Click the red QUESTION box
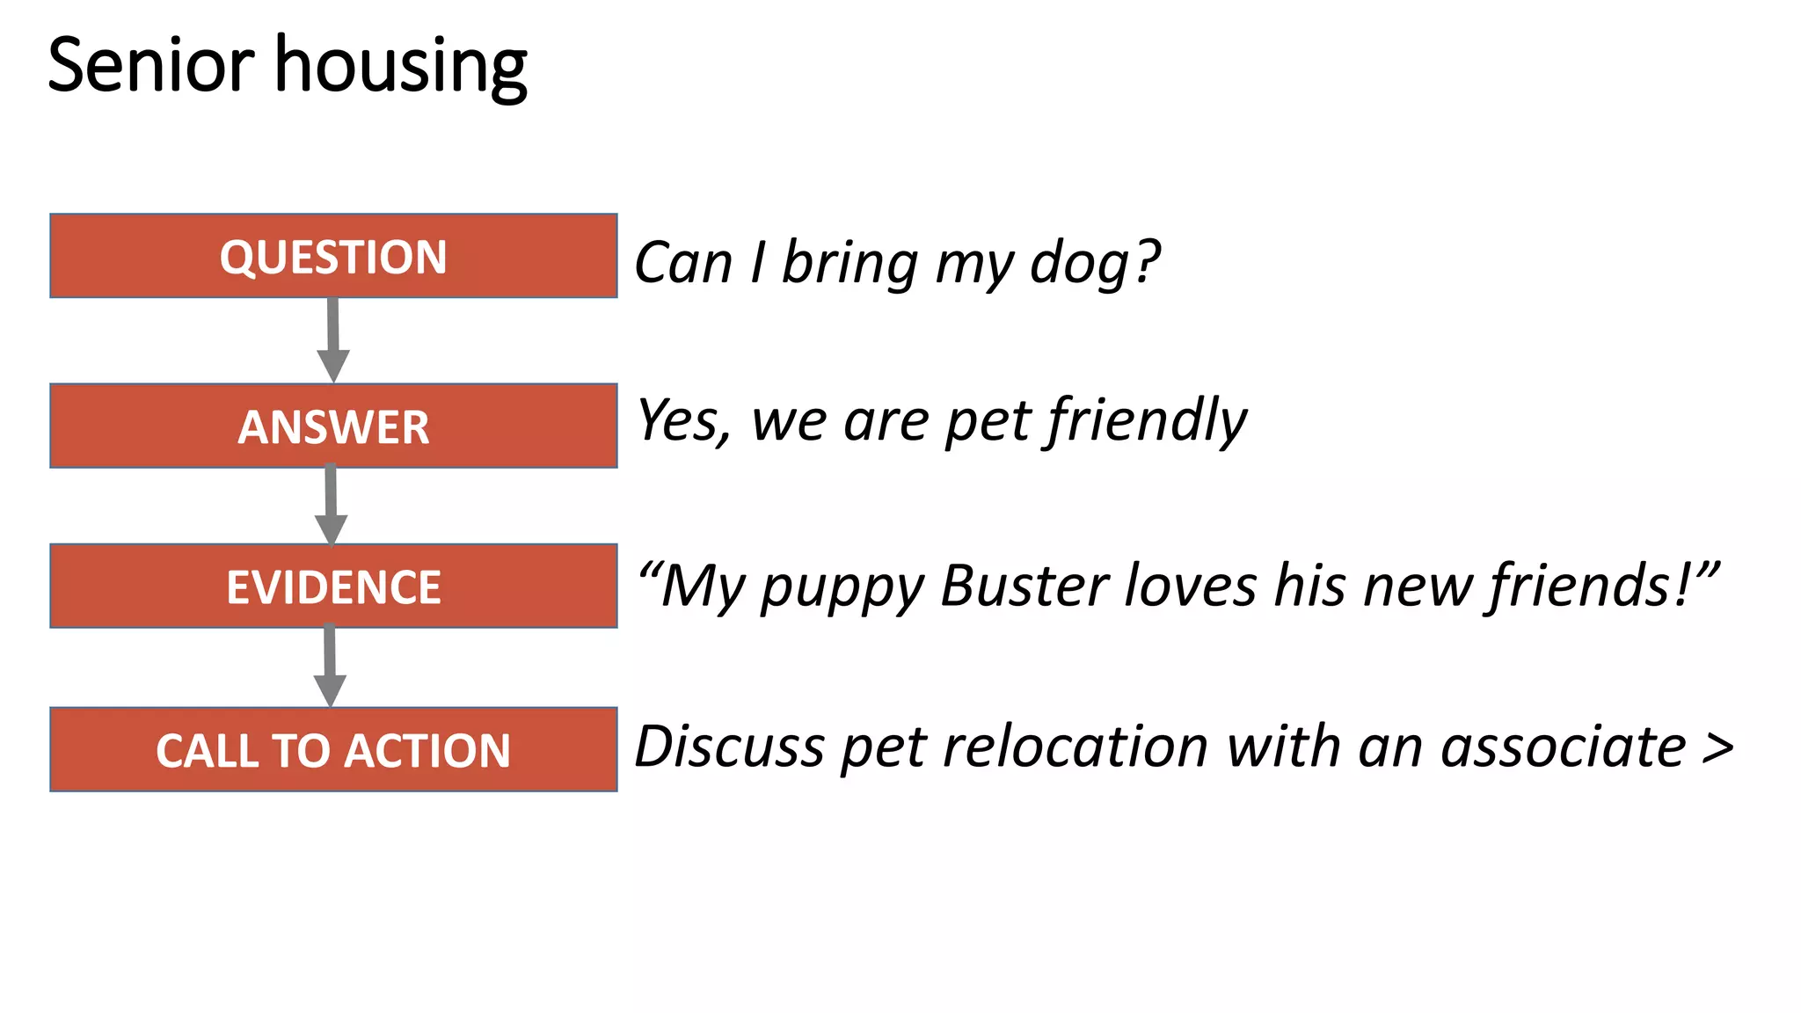(333, 256)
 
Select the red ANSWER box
(333, 426)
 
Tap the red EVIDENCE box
(333, 587)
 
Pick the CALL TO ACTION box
(333, 750)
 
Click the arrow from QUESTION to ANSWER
(333, 339)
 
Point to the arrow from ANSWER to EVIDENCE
(332, 505)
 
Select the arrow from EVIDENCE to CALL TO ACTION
(330, 666)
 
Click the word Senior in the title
(150, 66)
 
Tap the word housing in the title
(401, 68)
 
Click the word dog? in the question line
(1095, 263)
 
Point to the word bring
(849, 263)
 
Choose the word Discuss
(729, 747)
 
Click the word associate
(1563, 747)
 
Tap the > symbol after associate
(1717, 748)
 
